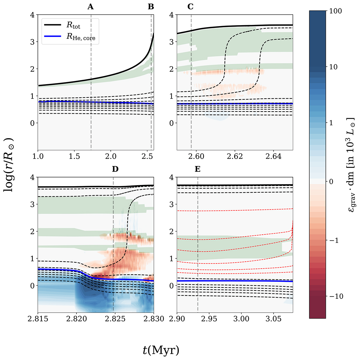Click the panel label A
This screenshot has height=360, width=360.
(x=91, y=7)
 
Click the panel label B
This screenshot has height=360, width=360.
(x=151, y=7)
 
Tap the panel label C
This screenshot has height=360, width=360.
(x=190, y=7)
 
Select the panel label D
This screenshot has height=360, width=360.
(x=115, y=169)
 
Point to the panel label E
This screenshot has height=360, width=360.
(x=197, y=169)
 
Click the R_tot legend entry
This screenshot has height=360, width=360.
(x=73, y=25)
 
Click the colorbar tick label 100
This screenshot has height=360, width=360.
(x=335, y=11)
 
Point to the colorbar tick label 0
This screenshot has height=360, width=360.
(x=331, y=181)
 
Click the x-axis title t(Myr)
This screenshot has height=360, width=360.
(x=161, y=350)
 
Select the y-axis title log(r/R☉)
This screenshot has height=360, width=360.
(x=8, y=165)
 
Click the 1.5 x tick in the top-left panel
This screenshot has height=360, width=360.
(x=74, y=156)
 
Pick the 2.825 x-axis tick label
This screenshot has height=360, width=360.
(x=115, y=319)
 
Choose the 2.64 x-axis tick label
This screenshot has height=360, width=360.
(x=273, y=156)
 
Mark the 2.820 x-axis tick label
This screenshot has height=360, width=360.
(x=76, y=319)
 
